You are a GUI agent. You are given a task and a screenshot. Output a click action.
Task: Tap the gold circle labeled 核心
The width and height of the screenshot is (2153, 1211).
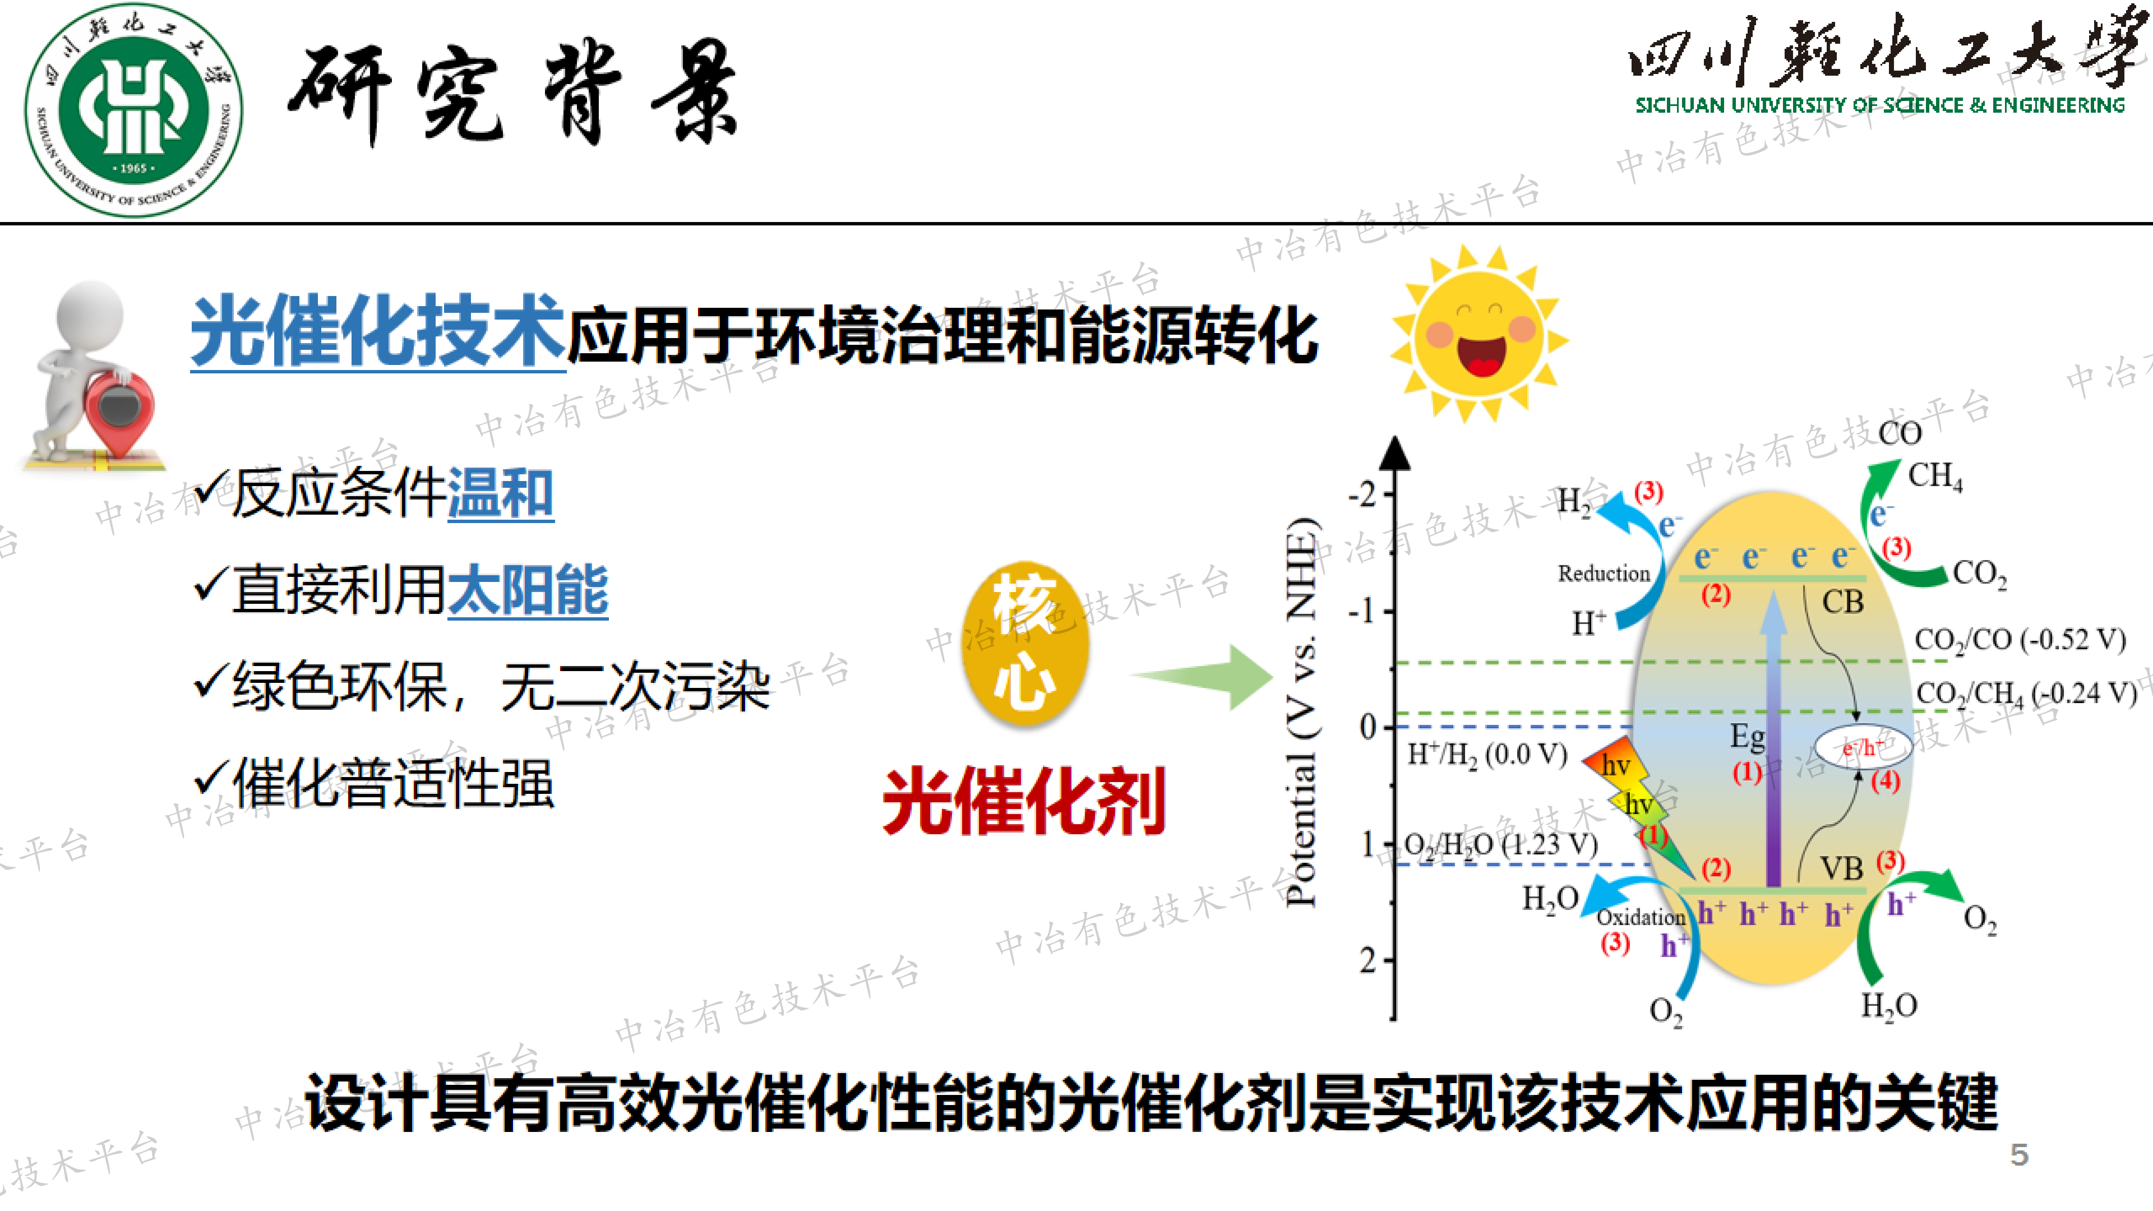click(x=1026, y=642)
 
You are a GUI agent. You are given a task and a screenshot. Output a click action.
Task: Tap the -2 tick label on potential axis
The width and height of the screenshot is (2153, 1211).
click(x=1362, y=495)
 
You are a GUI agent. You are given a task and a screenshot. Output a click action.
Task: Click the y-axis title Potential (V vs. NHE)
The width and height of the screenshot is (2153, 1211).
click(x=1301, y=710)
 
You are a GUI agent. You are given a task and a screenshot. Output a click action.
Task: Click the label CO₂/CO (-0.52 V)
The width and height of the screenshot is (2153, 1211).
click(x=2019, y=639)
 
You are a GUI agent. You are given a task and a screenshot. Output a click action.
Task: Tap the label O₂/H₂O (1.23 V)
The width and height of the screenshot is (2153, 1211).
click(x=1500, y=844)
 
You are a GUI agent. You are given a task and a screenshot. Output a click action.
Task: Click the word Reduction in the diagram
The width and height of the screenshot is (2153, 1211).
click(x=1603, y=573)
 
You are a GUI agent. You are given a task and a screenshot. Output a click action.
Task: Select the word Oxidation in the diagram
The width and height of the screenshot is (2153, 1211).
click(x=1640, y=917)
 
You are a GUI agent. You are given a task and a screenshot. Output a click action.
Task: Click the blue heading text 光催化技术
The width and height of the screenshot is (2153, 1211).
click(x=378, y=332)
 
